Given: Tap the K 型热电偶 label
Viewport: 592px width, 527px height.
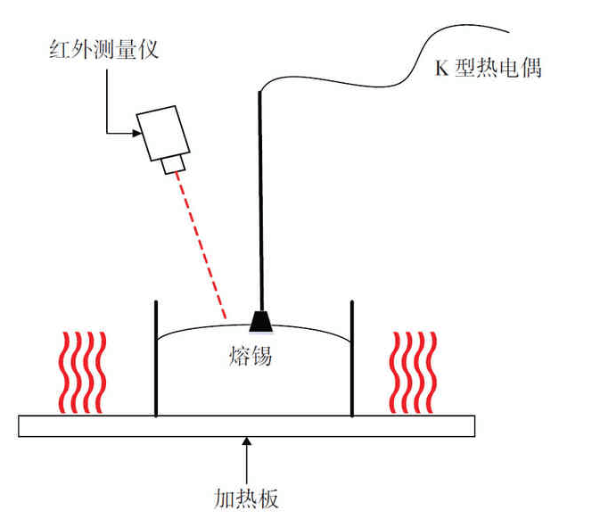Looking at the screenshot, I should click(x=487, y=69).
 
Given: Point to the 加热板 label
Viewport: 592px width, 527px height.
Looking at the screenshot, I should click(x=247, y=497).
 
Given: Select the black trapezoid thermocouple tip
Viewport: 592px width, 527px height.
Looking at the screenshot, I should click(x=261, y=319).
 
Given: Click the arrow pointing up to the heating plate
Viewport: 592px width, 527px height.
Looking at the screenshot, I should click(x=247, y=455).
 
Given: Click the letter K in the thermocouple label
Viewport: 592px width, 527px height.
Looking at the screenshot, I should click(x=440, y=70).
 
